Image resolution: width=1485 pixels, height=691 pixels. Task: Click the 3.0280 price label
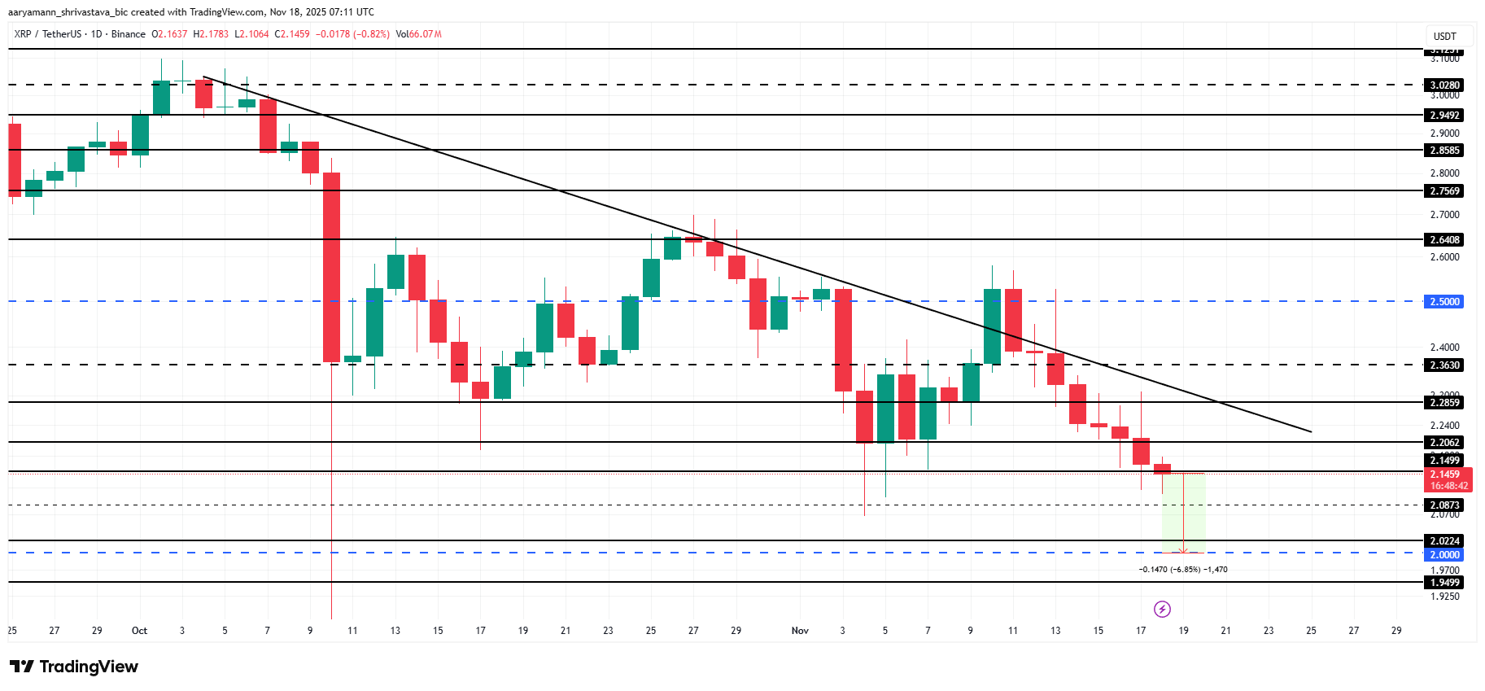click(x=1445, y=85)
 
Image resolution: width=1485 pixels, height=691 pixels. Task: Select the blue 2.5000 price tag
click(x=1445, y=301)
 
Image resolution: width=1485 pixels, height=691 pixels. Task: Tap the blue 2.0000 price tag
click(x=1445, y=554)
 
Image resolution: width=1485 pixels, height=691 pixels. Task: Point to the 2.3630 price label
click(x=1445, y=365)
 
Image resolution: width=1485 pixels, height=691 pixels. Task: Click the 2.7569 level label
click(x=1445, y=190)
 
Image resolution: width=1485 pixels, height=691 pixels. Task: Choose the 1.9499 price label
click(x=1445, y=582)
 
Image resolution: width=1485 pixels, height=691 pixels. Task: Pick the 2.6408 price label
click(x=1445, y=239)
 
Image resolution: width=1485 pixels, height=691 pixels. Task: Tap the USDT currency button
click(x=1445, y=36)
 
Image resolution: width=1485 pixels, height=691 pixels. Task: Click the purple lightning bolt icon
click(x=1162, y=609)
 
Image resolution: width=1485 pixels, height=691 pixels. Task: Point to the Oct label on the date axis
click(x=139, y=631)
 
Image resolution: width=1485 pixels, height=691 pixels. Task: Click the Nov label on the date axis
click(x=800, y=631)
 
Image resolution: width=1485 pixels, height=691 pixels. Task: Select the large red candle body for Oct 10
click(x=332, y=267)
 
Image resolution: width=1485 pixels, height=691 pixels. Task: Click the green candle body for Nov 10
click(x=992, y=326)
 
